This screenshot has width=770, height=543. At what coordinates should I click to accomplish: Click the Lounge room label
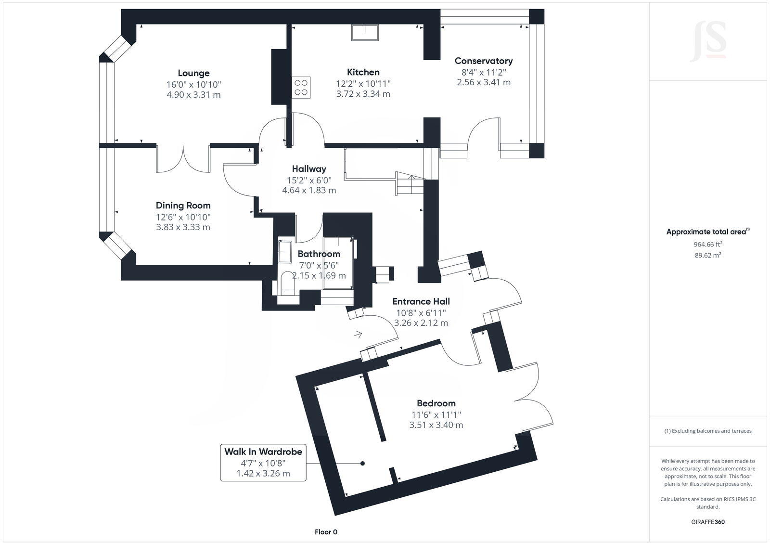(x=193, y=73)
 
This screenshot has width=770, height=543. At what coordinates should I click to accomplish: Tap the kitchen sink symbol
(x=365, y=32)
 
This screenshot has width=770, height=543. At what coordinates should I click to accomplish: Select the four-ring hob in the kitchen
(x=301, y=87)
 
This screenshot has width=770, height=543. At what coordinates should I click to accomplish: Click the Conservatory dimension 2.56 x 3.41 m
(x=484, y=82)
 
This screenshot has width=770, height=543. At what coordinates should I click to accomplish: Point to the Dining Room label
(x=183, y=206)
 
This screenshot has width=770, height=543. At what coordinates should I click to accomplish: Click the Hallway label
(x=309, y=169)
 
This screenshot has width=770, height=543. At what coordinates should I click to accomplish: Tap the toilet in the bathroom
(x=287, y=284)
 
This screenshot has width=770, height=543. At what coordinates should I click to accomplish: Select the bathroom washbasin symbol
(x=284, y=251)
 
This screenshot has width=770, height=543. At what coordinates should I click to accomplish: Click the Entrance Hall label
(x=421, y=301)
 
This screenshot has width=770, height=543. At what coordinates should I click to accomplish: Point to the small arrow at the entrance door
(x=358, y=334)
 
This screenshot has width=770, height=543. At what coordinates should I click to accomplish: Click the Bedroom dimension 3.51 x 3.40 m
(x=436, y=425)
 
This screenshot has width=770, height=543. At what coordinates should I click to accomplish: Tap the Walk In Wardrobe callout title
(x=263, y=452)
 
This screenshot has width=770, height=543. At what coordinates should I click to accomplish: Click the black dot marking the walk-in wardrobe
(x=363, y=463)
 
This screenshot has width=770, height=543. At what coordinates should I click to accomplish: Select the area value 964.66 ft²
(x=708, y=244)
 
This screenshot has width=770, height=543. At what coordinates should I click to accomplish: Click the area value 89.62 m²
(x=708, y=256)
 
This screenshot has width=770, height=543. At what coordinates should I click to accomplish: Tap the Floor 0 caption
(x=326, y=532)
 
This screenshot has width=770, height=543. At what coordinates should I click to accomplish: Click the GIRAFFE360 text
(x=708, y=522)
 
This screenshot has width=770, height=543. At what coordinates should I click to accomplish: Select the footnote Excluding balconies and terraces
(x=708, y=431)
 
